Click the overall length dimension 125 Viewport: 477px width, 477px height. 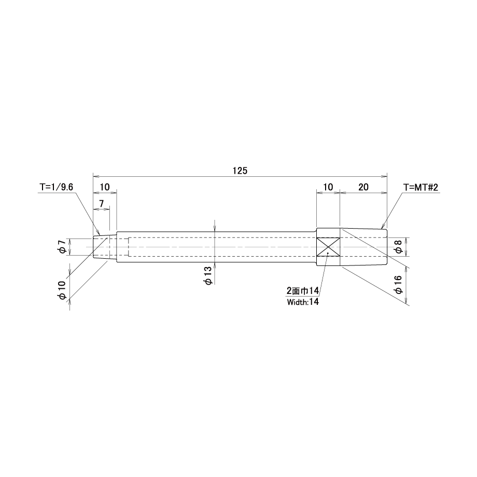coord(240,171)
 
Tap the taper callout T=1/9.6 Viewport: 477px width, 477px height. coord(57,187)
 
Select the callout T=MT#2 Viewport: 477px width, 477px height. coord(420,187)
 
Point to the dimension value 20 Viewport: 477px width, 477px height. coord(363,187)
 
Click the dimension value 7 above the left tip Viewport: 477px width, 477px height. coord(101,204)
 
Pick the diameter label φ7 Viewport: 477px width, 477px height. coord(63,246)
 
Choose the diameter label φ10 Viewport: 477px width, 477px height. coord(62,290)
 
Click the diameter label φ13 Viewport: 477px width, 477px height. coord(208,276)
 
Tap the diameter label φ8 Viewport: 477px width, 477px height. coord(399,247)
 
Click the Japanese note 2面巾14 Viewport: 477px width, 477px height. coord(303,291)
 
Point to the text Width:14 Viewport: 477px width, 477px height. coord(303,302)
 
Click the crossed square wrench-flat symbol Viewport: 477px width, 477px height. coord(328,247)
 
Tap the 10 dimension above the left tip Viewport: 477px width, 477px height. coord(104,187)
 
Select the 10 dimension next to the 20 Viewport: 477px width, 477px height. coord(328,187)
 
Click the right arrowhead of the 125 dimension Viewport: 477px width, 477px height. coord(385,176)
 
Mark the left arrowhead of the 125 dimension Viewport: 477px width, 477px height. coord(96,176)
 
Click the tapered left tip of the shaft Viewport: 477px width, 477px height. coord(105,247)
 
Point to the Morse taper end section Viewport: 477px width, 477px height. coord(363,247)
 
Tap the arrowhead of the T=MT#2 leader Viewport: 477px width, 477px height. coord(383,227)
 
